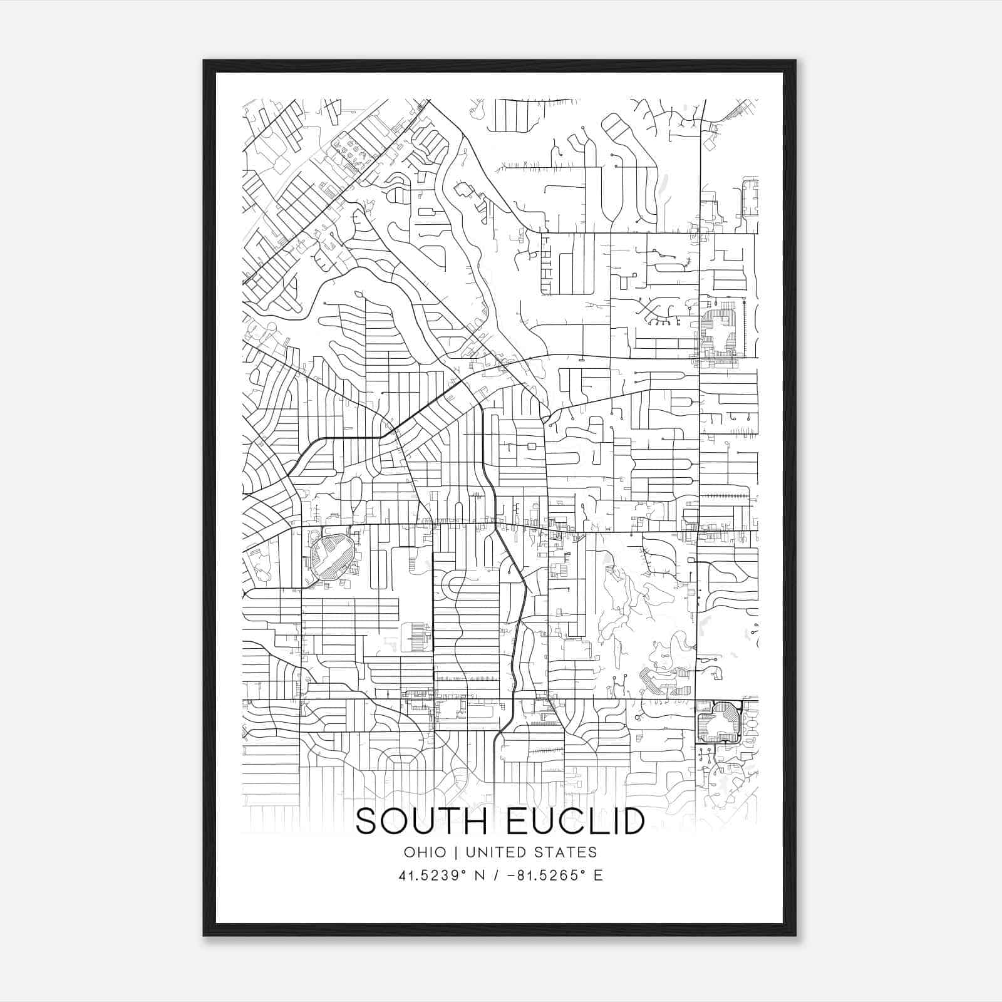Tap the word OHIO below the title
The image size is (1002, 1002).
425,852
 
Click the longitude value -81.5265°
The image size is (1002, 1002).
548,875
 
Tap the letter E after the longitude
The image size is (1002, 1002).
598,875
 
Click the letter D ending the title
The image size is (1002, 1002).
633,821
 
